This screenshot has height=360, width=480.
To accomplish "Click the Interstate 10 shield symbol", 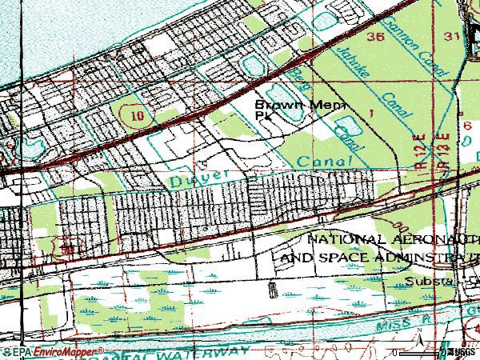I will [x=138, y=116].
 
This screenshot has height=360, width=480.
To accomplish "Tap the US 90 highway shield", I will [x=74, y=249].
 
